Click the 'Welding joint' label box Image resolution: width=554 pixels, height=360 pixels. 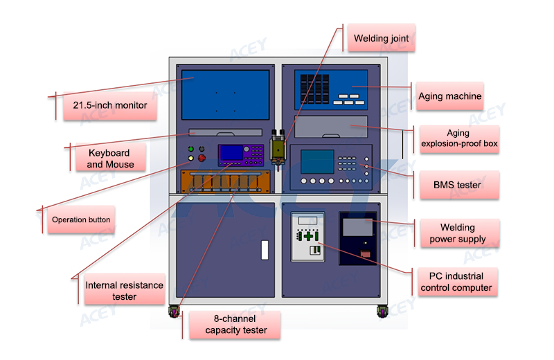click(x=382, y=38)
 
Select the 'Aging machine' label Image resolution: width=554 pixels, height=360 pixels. click(x=449, y=96)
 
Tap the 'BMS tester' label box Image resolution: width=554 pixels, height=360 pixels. click(x=459, y=185)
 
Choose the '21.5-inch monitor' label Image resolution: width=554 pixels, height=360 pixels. click(x=110, y=105)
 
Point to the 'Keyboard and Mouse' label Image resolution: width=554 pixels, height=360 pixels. click(x=111, y=158)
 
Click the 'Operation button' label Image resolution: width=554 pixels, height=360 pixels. click(x=81, y=219)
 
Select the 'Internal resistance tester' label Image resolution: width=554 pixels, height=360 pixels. click(x=125, y=290)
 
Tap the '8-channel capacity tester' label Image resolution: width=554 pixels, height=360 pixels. click(x=235, y=325)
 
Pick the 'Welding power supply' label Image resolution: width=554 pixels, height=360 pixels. click(x=460, y=233)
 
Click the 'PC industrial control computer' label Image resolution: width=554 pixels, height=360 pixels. click(x=458, y=282)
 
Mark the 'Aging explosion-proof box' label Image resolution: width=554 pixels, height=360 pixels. click(x=459, y=139)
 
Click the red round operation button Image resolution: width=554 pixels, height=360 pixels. click(x=202, y=158)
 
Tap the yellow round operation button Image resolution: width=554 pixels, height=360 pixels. click(x=191, y=158)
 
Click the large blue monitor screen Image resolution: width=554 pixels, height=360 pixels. click(x=226, y=95)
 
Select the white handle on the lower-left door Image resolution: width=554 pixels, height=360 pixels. click(x=265, y=250)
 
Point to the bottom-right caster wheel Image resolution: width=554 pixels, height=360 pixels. click(x=382, y=312)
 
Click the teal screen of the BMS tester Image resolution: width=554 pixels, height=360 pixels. click(x=317, y=161)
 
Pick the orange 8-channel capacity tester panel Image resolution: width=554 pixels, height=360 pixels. click(x=226, y=181)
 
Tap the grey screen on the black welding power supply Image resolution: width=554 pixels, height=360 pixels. click(x=357, y=227)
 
